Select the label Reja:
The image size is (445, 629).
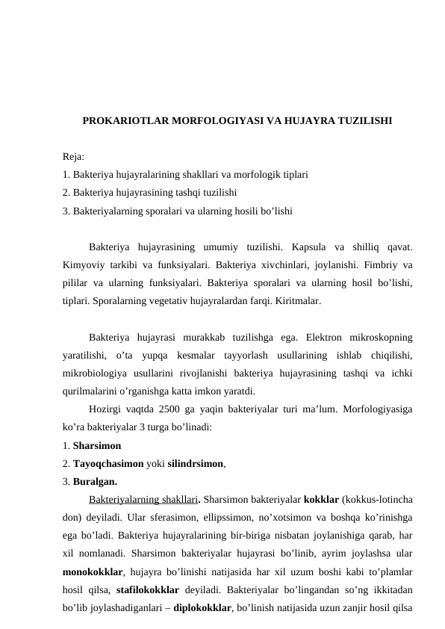tap(74, 158)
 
